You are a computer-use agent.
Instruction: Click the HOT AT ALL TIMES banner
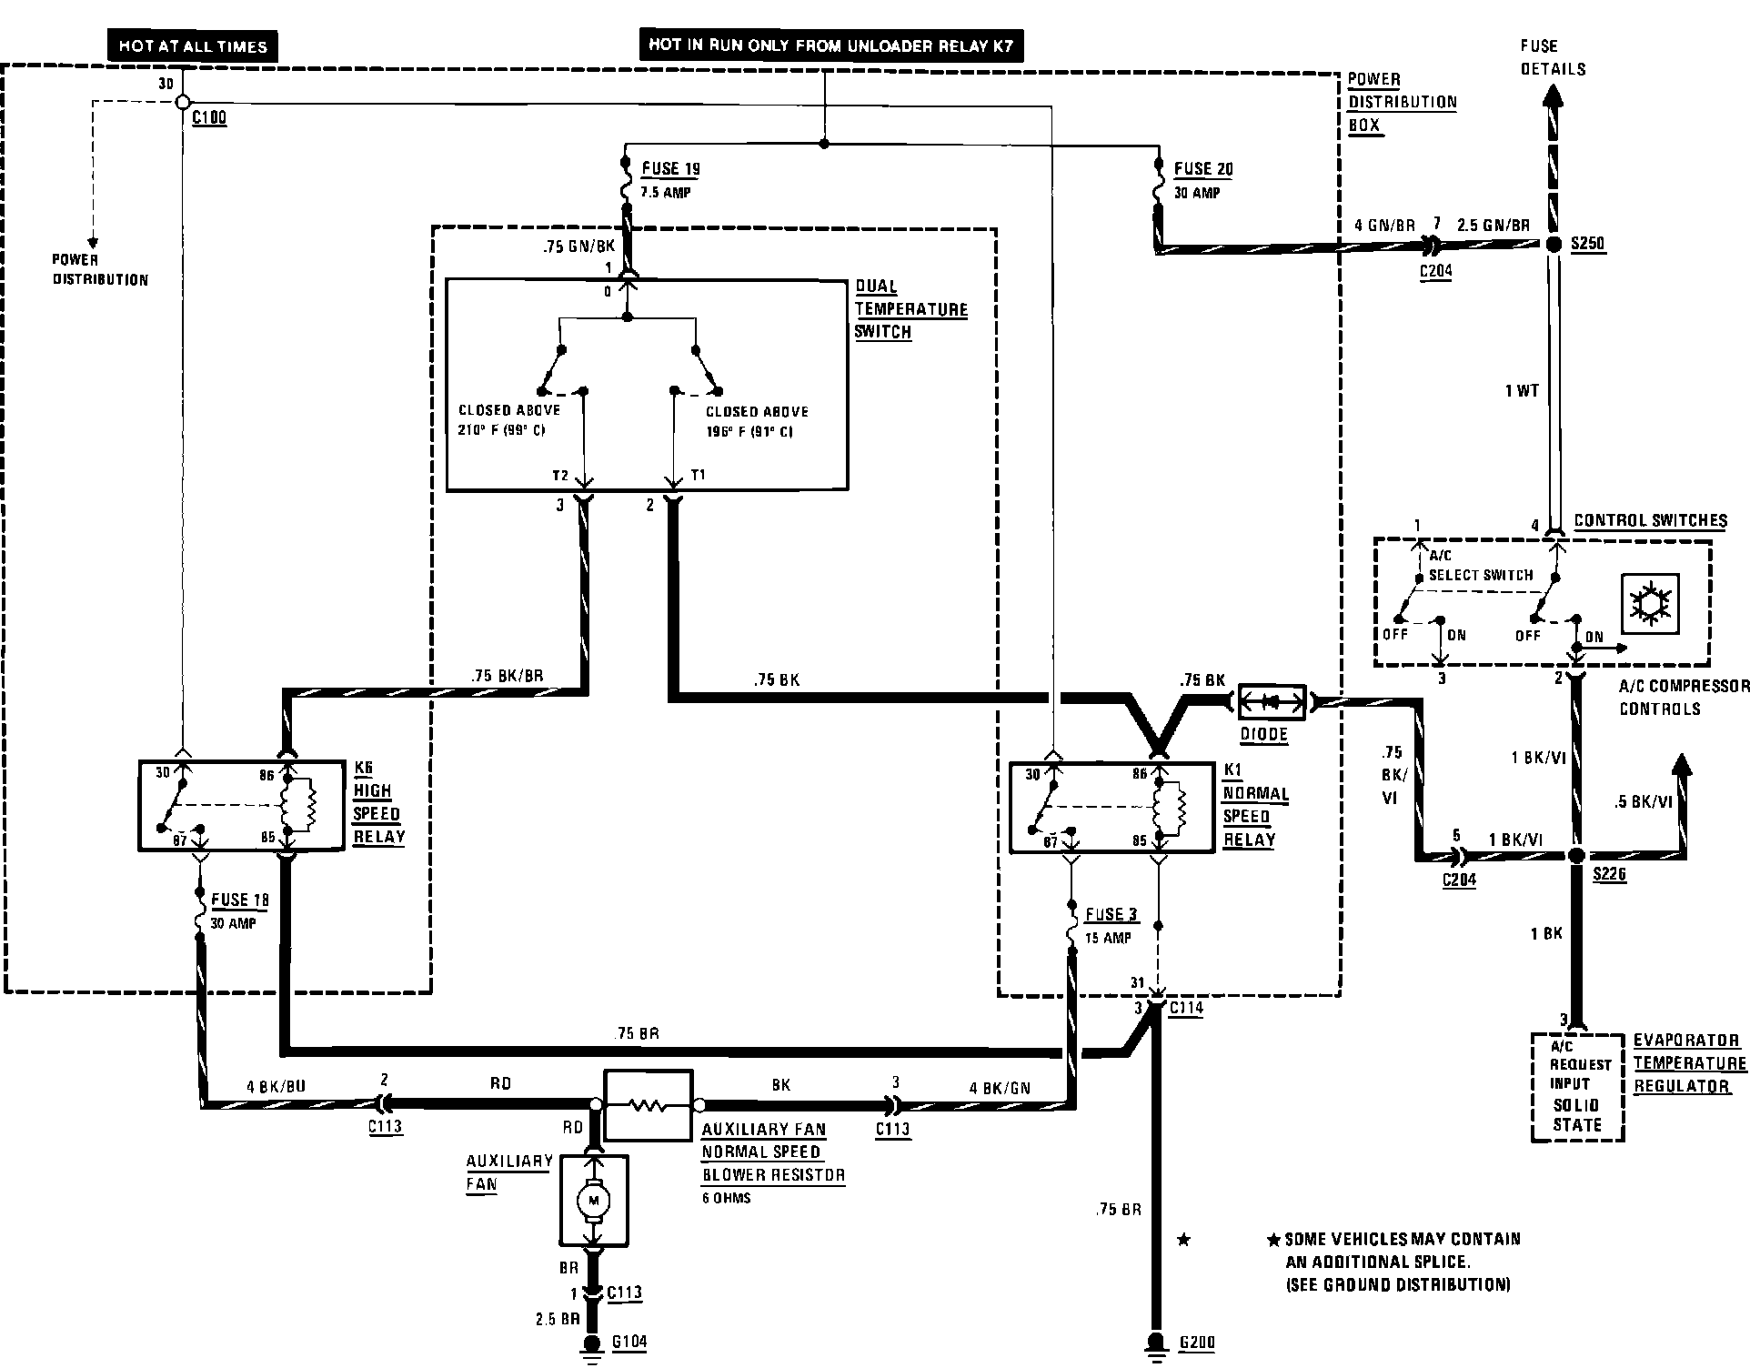pyautogui.click(x=192, y=46)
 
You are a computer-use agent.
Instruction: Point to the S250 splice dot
pyautogui.click(x=1554, y=244)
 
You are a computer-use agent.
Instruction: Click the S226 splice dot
pyautogui.click(x=1577, y=856)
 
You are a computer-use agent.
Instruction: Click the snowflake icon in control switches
pyautogui.click(x=1651, y=605)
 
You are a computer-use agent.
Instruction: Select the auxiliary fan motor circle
pyautogui.click(x=594, y=1202)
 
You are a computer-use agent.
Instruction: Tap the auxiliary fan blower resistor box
pyautogui.click(x=649, y=1105)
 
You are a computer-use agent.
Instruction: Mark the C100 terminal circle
pyautogui.click(x=182, y=102)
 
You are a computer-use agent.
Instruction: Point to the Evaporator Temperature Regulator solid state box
pyautogui.click(x=1578, y=1087)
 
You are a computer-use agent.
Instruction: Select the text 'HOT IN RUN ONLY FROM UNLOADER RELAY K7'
pyautogui.click(x=830, y=45)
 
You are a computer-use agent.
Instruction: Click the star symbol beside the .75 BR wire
pyautogui.click(x=1183, y=1240)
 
